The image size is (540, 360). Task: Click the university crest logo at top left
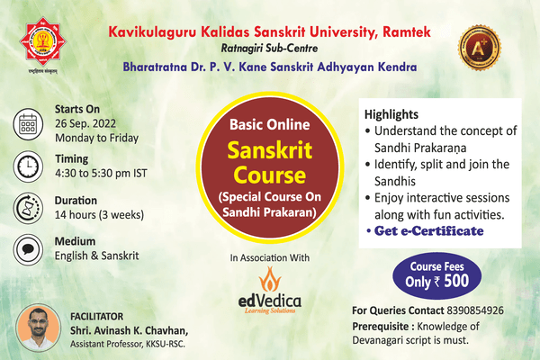pyautogui.click(x=38, y=39)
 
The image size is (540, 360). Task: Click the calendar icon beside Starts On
pyautogui.click(x=28, y=121)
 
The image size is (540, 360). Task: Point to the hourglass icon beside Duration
pyautogui.click(x=28, y=208)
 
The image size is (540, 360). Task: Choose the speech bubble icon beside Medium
pyautogui.click(x=28, y=250)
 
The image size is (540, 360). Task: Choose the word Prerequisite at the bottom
pyautogui.click(x=384, y=326)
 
